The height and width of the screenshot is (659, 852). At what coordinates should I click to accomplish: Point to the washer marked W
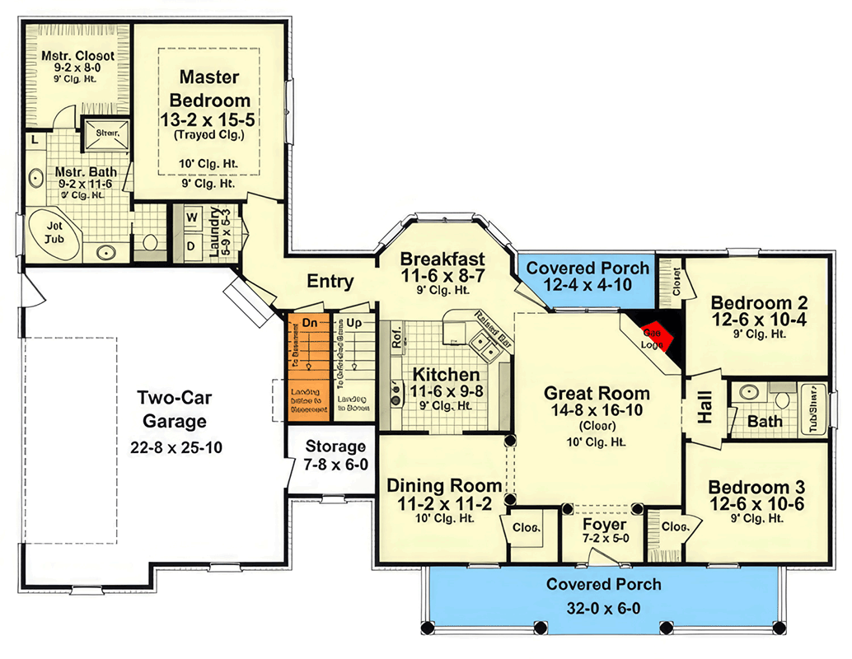click(190, 218)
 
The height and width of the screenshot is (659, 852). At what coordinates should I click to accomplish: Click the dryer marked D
click(190, 245)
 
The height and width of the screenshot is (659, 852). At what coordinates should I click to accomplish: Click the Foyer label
click(604, 525)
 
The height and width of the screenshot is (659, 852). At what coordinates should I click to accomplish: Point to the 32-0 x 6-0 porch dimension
click(604, 610)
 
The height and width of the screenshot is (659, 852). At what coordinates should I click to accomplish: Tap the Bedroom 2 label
click(758, 302)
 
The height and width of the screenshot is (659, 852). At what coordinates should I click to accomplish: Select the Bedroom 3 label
click(756, 486)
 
